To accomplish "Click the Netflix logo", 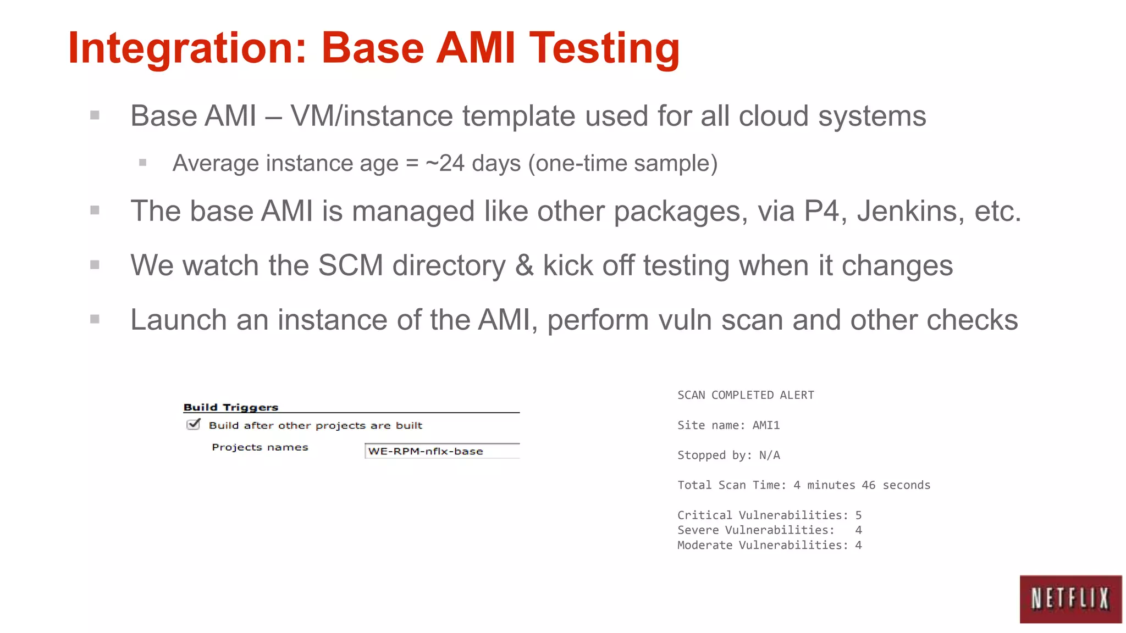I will click(x=1070, y=599).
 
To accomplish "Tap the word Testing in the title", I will click(x=604, y=48).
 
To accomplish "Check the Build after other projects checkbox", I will click(x=193, y=424).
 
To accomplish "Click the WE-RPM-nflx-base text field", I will click(x=441, y=451).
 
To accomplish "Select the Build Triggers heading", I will click(x=230, y=407).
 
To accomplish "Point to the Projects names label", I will click(x=260, y=447).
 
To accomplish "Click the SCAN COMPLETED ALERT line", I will click(x=746, y=395).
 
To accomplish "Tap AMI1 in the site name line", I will click(x=766, y=425).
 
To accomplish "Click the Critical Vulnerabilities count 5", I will click(x=858, y=515).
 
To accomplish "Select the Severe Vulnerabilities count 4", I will click(x=858, y=530).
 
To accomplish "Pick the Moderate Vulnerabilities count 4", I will click(x=858, y=545).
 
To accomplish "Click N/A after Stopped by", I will click(x=769, y=455).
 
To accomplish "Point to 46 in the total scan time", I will click(x=869, y=485).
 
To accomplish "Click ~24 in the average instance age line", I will click(x=445, y=163).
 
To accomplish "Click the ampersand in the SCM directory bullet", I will click(x=525, y=266).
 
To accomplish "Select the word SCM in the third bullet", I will click(x=350, y=266).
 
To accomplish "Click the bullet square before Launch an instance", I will click(x=95, y=319).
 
